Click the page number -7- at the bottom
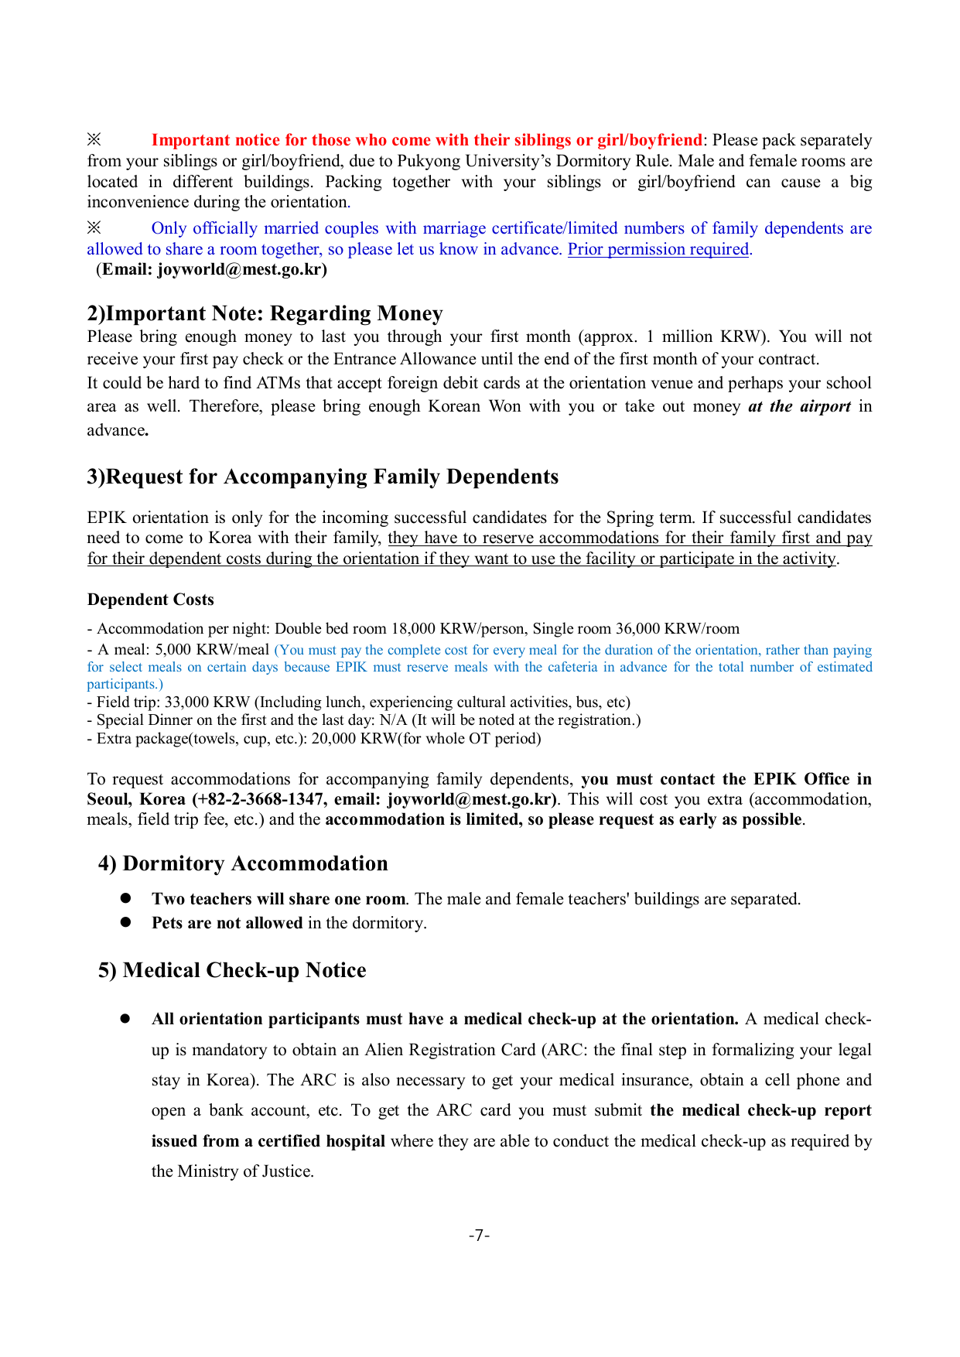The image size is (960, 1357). [x=479, y=1236]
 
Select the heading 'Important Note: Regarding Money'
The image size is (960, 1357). [x=274, y=313]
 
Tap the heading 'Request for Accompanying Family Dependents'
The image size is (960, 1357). [x=332, y=477]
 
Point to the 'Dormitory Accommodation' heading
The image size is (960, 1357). [x=255, y=863]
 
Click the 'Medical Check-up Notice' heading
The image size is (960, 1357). [x=244, y=970]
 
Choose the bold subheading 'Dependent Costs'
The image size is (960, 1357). [x=150, y=600]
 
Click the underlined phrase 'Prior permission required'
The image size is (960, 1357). [x=658, y=249]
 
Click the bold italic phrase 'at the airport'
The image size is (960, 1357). [x=799, y=407]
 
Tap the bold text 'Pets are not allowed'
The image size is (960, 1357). [x=227, y=923]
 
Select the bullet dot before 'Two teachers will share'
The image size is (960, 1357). [x=125, y=898]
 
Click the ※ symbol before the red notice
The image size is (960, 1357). [x=94, y=140]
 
